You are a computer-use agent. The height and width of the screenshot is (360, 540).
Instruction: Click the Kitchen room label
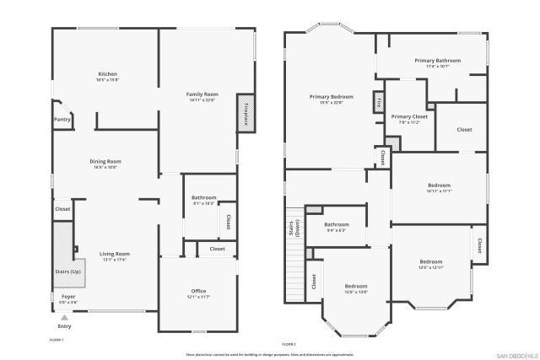[x=107, y=74]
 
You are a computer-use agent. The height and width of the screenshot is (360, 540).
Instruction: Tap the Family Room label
[x=202, y=94]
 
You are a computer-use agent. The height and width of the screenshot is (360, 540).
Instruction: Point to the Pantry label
[x=62, y=120]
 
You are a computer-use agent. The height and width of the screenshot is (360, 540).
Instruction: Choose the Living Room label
[x=114, y=254]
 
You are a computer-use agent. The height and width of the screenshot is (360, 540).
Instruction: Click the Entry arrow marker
[x=64, y=317]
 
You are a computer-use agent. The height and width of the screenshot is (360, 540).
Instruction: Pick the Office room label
[x=198, y=292]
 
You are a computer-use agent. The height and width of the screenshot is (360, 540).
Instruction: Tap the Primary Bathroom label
[x=437, y=61]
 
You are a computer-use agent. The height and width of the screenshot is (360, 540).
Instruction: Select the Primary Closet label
[x=409, y=117]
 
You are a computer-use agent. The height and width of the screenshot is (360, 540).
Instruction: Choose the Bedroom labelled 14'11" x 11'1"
[x=440, y=185]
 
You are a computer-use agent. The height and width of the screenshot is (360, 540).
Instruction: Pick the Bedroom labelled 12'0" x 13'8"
[x=355, y=287]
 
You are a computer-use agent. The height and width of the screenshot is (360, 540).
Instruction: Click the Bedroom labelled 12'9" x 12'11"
[x=431, y=261]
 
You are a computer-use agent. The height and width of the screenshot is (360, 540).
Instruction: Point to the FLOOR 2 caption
[x=289, y=344]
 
